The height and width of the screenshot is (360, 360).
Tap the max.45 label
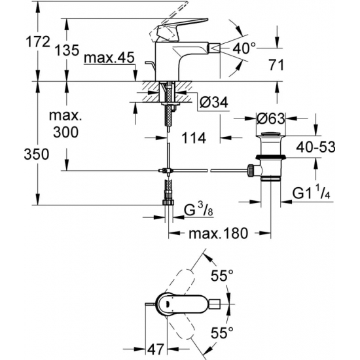tap(109, 58)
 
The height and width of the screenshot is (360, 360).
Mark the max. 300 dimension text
tap(65, 125)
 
